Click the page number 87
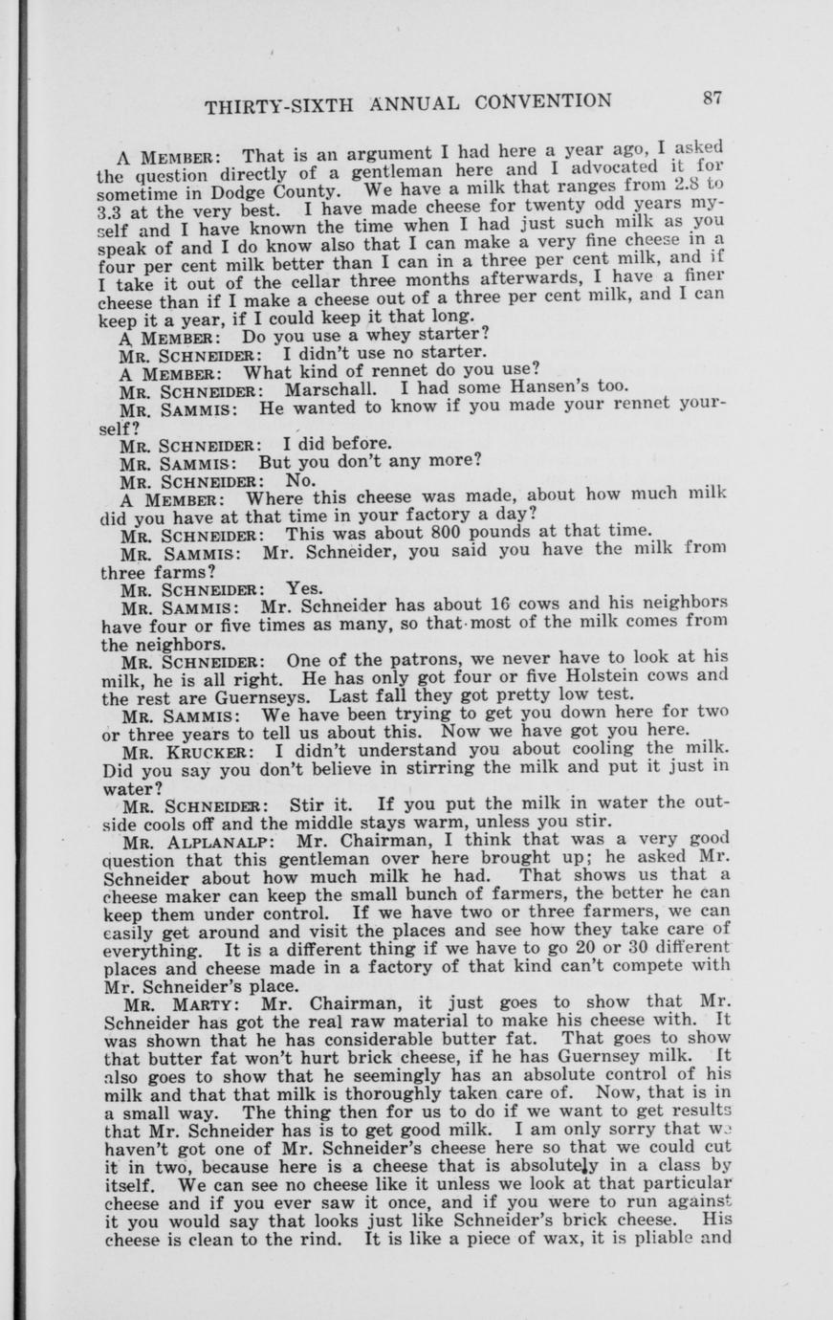(712, 98)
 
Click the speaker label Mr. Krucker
(186, 751)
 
